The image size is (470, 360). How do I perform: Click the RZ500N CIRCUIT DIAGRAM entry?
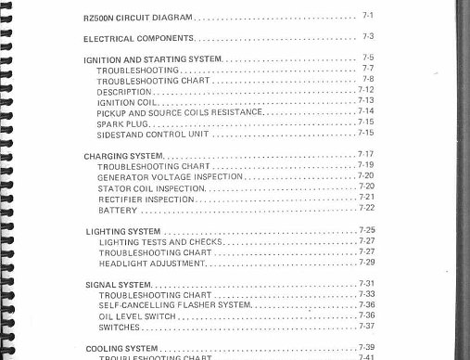[x=140, y=17]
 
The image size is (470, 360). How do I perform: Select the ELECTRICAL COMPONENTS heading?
[x=138, y=38]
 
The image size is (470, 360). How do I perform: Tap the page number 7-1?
[x=367, y=16]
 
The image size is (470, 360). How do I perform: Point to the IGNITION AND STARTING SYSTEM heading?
[x=153, y=59]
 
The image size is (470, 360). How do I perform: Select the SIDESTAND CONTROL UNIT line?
[x=153, y=134]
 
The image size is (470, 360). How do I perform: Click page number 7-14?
[x=365, y=111]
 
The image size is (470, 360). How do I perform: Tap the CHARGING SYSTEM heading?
[x=119, y=156]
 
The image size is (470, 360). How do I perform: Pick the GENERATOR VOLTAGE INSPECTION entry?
[x=170, y=176]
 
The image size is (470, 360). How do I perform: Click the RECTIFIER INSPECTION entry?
[x=146, y=199]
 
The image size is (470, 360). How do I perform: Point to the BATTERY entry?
[x=117, y=210]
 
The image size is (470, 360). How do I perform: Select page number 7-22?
[x=366, y=208]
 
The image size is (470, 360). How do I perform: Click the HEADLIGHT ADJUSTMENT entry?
[x=151, y=264]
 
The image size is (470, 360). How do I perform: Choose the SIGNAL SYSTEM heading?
[x=117, y=284]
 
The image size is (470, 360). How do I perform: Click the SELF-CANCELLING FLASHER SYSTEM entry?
[x=174, y=305]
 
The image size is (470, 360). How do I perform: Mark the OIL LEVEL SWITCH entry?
[x=135, y=316]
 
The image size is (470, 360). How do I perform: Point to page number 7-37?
[x=366, y=326]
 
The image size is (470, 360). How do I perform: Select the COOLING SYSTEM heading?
[x=121, y=348]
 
